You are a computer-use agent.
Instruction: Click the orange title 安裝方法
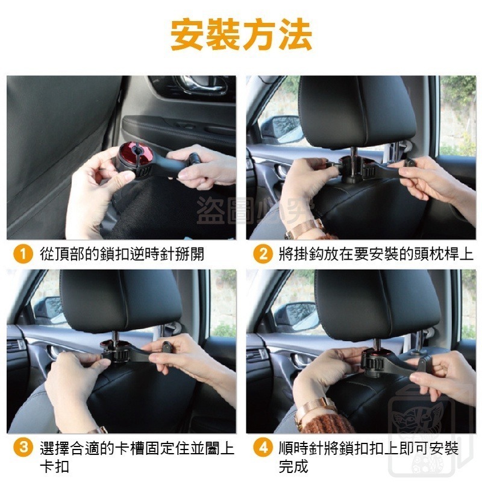point(241,35)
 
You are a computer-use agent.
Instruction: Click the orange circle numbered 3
point(22,448)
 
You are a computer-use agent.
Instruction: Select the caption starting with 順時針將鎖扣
point(368,457)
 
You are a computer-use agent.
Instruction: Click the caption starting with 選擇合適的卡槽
point(130,457)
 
